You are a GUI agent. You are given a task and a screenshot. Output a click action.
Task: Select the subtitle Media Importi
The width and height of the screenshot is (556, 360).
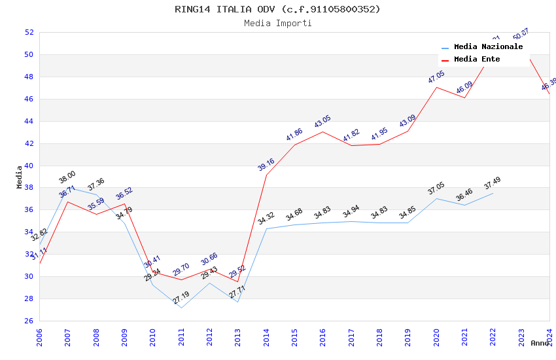(x=277, y=23)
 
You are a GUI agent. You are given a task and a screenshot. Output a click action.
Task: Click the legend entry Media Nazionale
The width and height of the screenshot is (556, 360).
(x=488, y=46)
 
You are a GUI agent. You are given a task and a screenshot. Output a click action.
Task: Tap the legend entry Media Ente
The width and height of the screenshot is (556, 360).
(x=477, y=59)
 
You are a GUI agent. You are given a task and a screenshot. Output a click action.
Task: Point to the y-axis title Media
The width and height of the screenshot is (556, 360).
(x=19, y=177)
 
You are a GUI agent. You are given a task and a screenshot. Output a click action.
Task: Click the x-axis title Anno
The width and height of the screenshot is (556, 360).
(x=540, y=343)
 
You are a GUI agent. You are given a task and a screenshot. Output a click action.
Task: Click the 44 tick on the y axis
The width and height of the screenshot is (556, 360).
(x=29, y=121)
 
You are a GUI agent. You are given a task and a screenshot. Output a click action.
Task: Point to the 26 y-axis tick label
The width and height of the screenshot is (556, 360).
(x=29, y=321)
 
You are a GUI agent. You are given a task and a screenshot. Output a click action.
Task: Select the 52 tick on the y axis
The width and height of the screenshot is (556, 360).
(x=29, y=32)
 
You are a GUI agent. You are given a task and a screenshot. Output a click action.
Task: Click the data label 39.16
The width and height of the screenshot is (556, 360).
(x=266, y=164)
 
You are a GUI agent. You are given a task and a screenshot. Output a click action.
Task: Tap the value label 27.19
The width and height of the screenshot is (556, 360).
(x=181, y=298)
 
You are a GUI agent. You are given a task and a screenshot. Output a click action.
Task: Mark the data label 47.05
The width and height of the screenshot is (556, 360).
(x=436, y=77)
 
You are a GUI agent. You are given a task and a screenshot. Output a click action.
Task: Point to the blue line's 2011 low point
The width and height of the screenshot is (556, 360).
(x=181, y=308)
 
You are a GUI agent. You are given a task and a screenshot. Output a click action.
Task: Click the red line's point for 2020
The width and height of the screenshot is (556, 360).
(x=436, y=87)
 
